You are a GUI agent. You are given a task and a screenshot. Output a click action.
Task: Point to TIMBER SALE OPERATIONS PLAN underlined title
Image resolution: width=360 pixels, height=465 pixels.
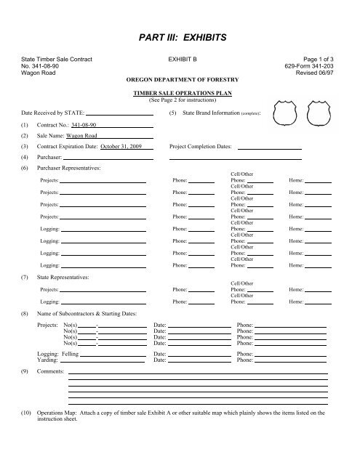pyautogui.click(x=180, y=94)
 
